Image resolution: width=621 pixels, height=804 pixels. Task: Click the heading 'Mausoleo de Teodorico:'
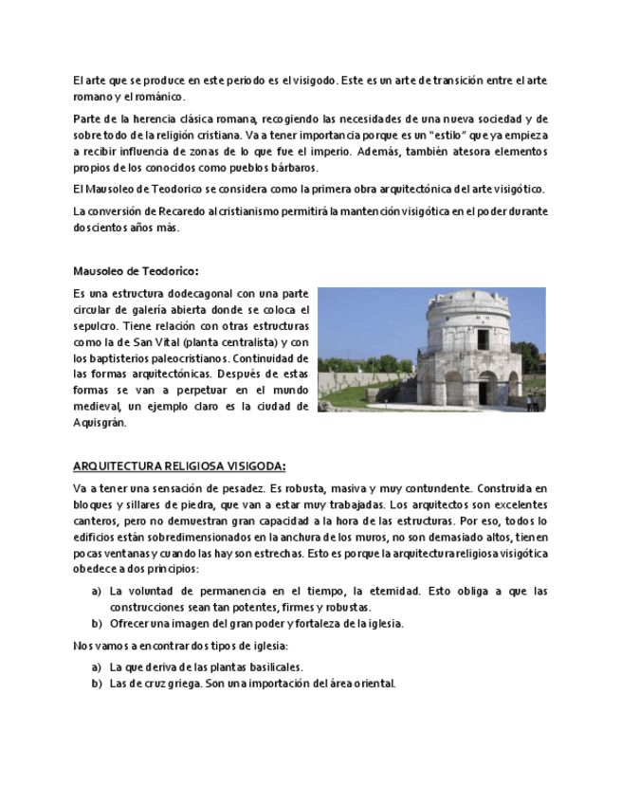pyautogui.click(x=136, y=270)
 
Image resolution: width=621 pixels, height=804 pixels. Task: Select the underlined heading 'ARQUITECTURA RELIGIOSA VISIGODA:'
pyautogui.click(x=179, y=466)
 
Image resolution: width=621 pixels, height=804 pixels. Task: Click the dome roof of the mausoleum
pyautogui.click(x=469, y=301)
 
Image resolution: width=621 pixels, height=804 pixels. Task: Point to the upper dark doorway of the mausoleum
pyautogui.click(x=483, y=338)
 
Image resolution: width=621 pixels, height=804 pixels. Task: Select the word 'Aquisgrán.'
pyautogui.click(x=100, y=423)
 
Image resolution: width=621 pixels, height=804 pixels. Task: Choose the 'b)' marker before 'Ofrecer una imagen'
pyautogui.click(x=97, y=623)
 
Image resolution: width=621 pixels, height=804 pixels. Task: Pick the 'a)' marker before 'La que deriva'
pyautogui.click(x=97, y=667)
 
